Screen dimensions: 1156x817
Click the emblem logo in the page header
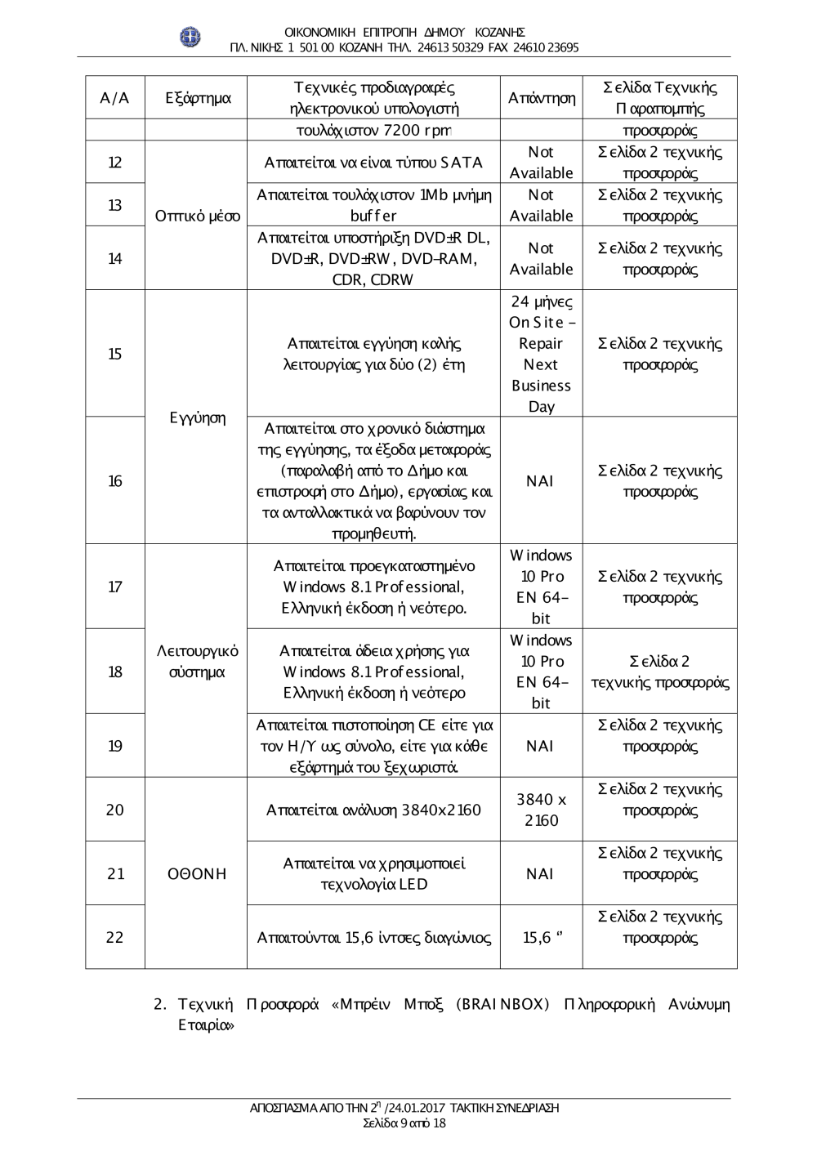coord(190,38)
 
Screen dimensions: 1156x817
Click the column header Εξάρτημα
coord(199,99)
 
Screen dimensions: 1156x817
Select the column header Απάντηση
coord(541,99)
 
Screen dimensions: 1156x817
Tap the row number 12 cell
coord(115,163)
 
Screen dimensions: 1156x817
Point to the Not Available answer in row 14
coord(541,258)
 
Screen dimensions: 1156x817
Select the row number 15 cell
coord(115,354)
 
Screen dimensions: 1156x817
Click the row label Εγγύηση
coord(197,418)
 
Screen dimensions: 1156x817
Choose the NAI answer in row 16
coord(540,481)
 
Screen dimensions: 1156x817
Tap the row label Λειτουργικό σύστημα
coord(197,662)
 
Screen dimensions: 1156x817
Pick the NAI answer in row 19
coord(540,746)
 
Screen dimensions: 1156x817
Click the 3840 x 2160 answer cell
coord(541,810)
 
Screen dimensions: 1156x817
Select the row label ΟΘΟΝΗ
coord(196,874)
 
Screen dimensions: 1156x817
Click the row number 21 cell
coord(115,874)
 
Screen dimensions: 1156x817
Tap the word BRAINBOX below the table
coord(503,1004)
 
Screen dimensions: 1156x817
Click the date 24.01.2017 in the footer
coord(415,1109)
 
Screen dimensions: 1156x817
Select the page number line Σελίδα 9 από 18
coord(404,1123)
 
